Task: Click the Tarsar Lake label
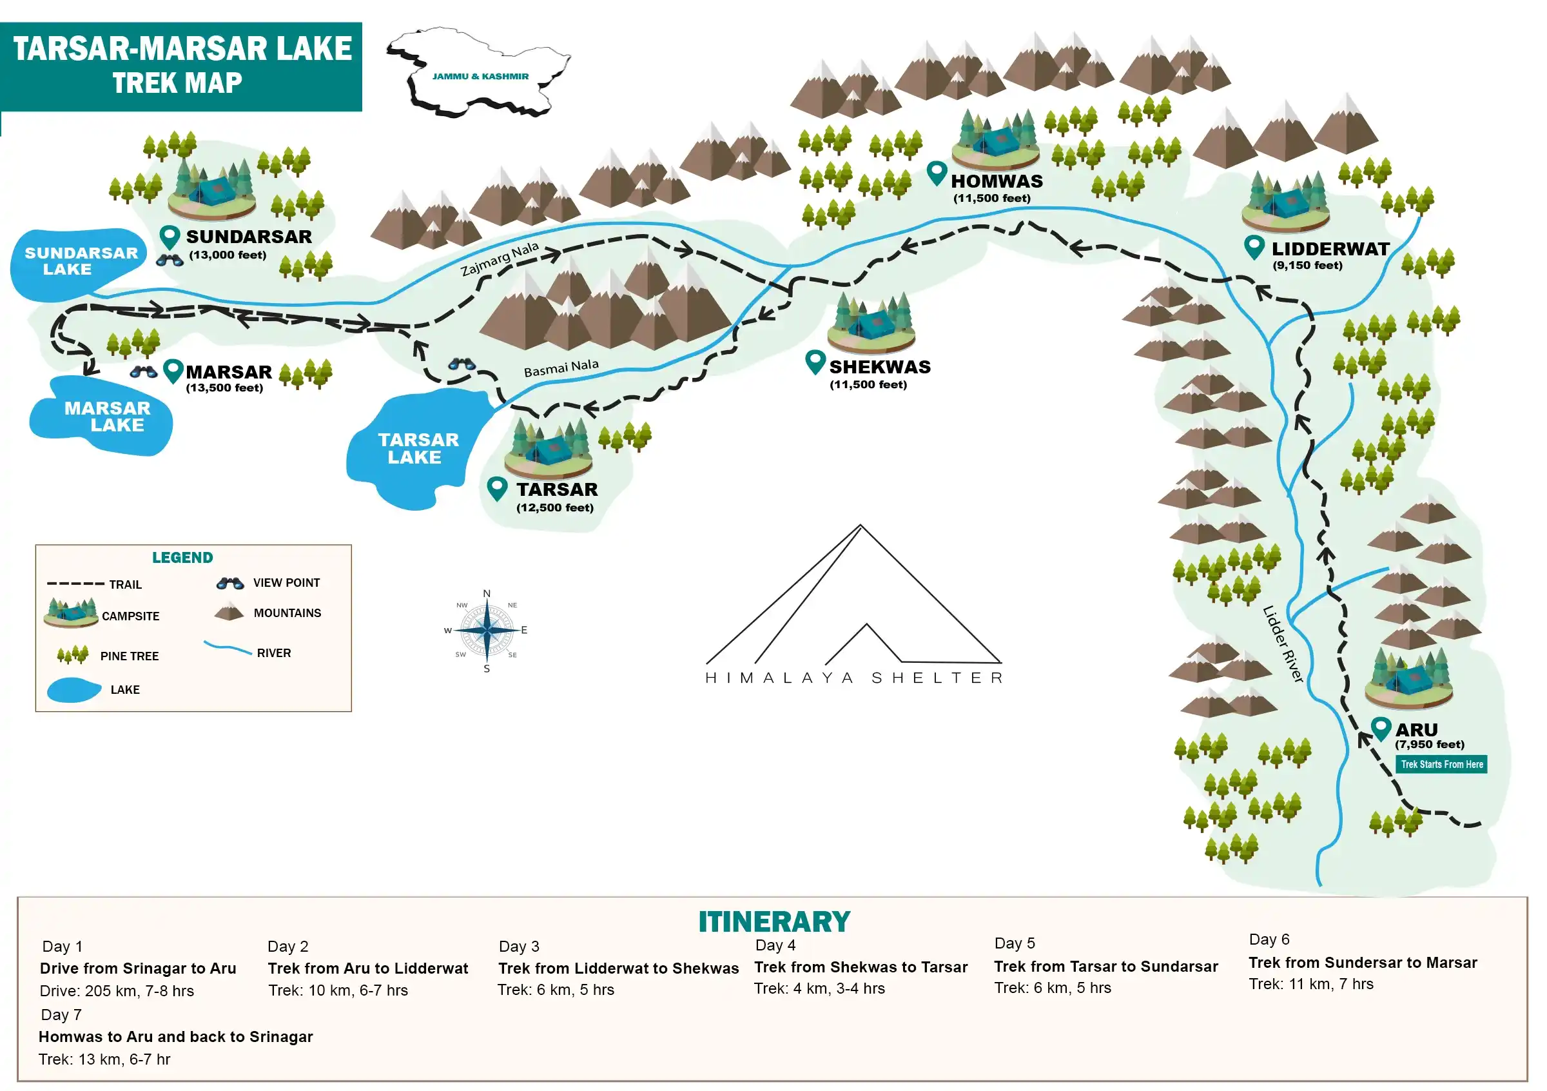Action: [418, 448]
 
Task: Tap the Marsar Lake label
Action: [107, 417]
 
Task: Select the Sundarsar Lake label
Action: [81, 260]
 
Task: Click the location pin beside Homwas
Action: [937, 173]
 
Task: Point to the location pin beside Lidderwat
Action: [1254, 247]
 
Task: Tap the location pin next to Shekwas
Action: [815, 362]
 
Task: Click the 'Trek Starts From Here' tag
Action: [1441, 764]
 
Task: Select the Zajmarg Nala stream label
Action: [500, 259]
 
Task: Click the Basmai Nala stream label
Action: [561, 368]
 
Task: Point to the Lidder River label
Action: [1283, 644]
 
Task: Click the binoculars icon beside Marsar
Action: [144, 372]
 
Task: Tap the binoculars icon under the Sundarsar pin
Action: [169, 260]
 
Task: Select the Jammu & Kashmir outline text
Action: [480, 76]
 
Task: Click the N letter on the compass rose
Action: [487, 594]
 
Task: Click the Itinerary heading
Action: [774, 922]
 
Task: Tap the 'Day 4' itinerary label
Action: [775, 945]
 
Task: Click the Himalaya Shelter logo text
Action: [853, 677]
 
